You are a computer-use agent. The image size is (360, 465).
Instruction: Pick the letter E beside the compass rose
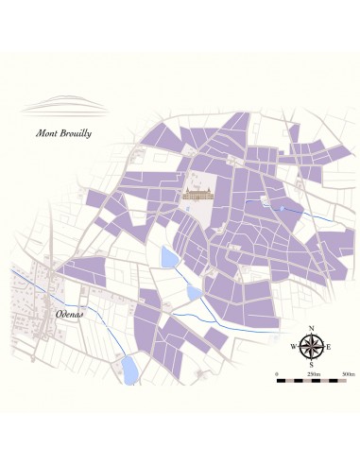(x=329, y=347)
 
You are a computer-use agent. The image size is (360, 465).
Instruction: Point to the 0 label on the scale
(x=277, y=375)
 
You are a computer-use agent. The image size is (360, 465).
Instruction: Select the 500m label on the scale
(x=347, y=375)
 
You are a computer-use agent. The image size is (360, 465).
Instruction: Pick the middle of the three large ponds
(x=195, y=293)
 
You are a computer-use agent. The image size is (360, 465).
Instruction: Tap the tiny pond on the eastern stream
(x=281, y=205)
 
